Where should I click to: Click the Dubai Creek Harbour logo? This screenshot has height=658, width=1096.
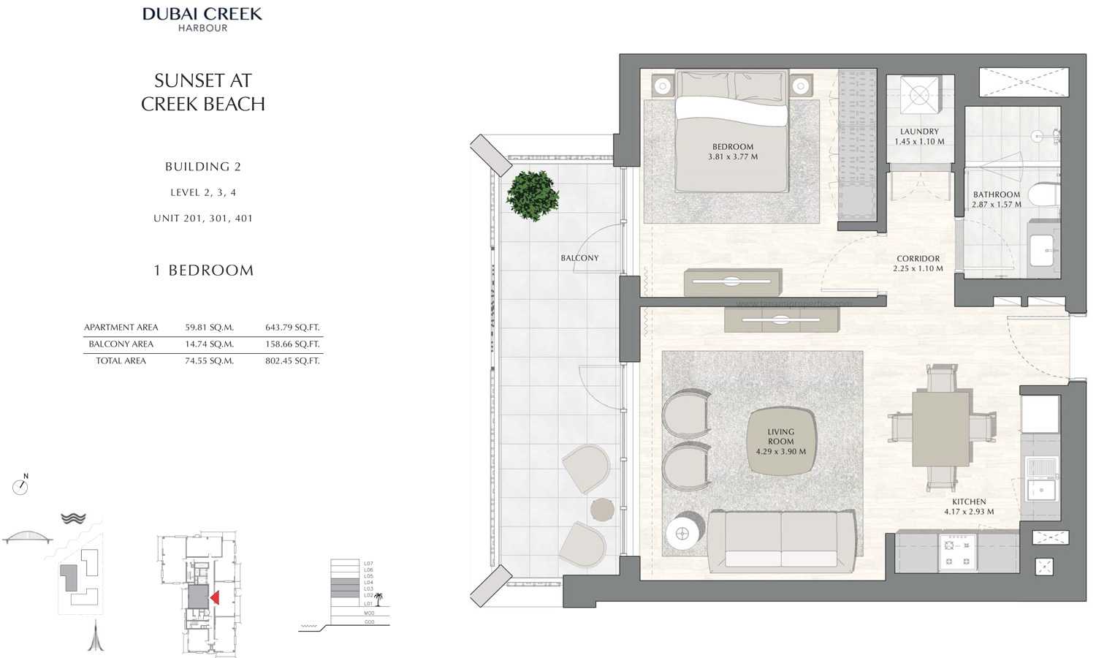202,19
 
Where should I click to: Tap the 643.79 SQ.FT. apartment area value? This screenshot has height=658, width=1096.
292,328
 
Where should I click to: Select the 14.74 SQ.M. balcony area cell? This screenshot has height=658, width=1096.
209,344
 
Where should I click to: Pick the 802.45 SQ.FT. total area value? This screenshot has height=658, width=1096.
292,361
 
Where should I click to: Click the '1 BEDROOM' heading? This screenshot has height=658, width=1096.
203,271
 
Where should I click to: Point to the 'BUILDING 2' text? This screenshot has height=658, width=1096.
202,167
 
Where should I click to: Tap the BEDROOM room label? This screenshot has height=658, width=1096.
732,147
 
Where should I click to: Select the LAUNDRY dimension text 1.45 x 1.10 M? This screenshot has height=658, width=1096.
919,142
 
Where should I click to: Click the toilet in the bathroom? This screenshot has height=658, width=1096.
1043,194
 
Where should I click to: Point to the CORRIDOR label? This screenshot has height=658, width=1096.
918,259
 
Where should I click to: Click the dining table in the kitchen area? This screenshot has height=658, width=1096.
940,428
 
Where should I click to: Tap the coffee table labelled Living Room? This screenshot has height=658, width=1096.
780,442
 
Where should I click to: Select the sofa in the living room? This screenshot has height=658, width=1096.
781,541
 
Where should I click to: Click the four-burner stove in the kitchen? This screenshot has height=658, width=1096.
957,552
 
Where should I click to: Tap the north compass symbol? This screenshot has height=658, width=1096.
20,486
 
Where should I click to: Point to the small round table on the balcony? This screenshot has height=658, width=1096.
602,509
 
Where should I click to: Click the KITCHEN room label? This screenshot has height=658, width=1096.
968,502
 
